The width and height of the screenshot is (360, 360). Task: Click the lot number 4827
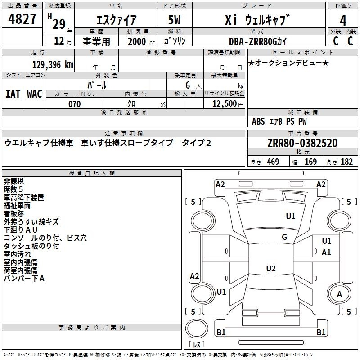coord(22,19)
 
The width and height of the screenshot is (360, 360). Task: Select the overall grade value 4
coord(343,20)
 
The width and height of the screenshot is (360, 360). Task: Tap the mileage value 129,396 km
coord(53,64)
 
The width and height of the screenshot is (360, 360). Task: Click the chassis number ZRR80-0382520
coord(302,143)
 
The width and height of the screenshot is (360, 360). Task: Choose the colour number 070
coord(74,104)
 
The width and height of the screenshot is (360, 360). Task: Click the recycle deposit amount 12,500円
coord(228,104)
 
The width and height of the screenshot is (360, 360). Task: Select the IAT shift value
coord(13,94)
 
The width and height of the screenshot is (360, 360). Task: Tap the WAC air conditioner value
coord(35,94)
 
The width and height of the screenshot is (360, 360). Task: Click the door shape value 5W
coord(174,20)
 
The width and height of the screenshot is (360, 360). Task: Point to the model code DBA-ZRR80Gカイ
coord(258,41)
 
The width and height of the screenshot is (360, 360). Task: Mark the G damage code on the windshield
coord(284,237)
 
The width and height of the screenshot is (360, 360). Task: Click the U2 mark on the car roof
coord(271,268)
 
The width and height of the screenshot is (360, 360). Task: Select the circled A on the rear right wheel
coord(339,294)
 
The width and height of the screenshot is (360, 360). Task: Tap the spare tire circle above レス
coord(197,328)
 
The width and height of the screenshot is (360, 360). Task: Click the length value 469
coord(273,162)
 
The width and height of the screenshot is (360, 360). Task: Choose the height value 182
coord(346,162)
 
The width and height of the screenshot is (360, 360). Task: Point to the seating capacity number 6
coord(188,85)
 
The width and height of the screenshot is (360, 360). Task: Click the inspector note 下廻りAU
coord(21,230)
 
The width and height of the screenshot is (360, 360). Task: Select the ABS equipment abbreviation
coord(258,121)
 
